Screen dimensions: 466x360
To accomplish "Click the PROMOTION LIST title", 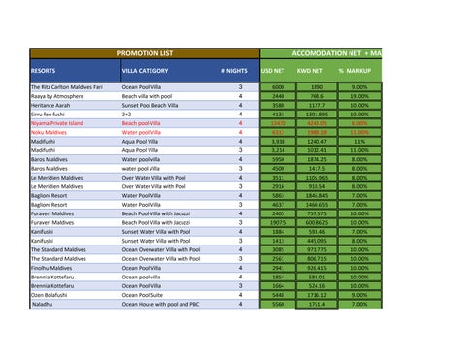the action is pyautogui.click(x=144, y=52).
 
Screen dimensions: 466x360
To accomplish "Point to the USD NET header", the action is pyautogui.click(x=274, y=71).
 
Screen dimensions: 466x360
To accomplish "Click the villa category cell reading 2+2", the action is pyautogui.click(x=127, y=115).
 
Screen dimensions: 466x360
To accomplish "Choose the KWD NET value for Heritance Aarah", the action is pyautogui.click(x=316, y=106).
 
